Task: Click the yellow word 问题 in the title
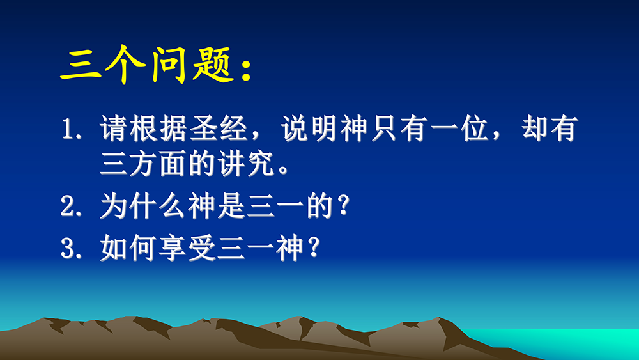tap(192, 65)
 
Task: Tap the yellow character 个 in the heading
tap(125, 65)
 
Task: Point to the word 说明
tap(309, 129)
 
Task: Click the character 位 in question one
tap(474, 129)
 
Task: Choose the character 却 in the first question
tap(535, 129)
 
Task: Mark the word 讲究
tap(246, 164)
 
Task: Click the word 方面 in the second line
tap(158, 164)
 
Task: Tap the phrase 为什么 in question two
tap(142, 206)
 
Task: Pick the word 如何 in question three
tap(129, 248)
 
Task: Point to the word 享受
tap(187, 248)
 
